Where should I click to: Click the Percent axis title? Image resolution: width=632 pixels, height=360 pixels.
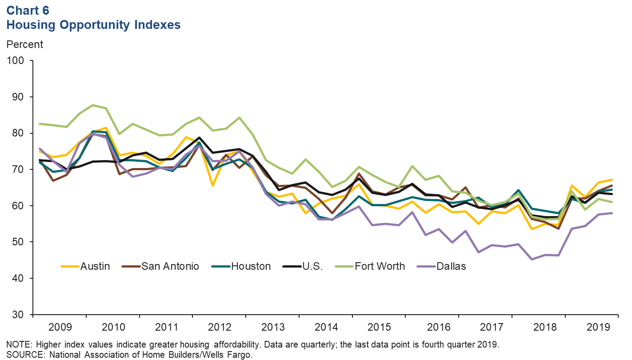coord(24,44)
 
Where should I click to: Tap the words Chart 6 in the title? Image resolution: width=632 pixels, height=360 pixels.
coord(28,10)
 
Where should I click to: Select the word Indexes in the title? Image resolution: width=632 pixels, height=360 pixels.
coord(156,25)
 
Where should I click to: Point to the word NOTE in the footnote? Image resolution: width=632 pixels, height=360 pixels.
coord(16,344)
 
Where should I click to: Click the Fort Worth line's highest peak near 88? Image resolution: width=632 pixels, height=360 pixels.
coord(93,105)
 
